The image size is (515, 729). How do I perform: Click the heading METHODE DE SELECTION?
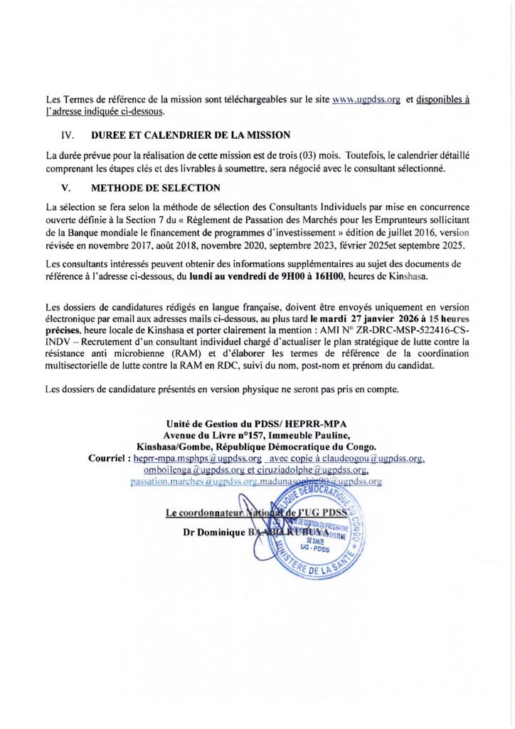pyautogui.click(x=156, y=188)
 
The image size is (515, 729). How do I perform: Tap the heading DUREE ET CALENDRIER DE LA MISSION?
pyautogui.click(x=191, y=135)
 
